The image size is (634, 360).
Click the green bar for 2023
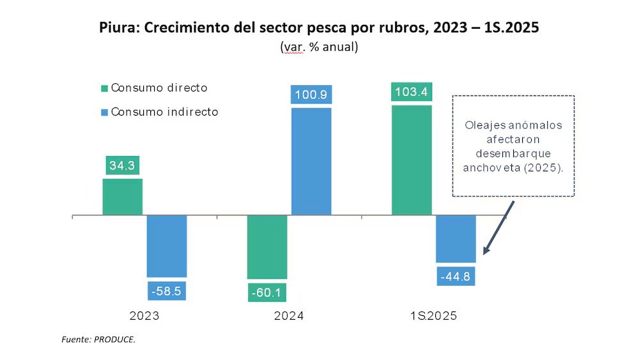(123, 197)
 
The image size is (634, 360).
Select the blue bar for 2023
(167, 246)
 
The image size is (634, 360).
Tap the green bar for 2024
(267, 247)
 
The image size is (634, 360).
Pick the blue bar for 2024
(311, 161)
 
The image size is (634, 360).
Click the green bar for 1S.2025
(412, 160)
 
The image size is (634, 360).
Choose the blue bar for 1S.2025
(456, 239)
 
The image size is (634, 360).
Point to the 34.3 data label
(123, 165)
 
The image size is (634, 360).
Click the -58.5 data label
(167, 291)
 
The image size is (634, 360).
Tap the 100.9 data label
(311, 95)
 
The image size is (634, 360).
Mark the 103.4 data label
(412, 92)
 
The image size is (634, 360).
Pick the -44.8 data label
(456, 276)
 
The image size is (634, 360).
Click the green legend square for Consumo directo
(104, 88)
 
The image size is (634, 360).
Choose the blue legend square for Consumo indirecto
(104, 112)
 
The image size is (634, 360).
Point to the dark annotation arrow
(497, 228)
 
